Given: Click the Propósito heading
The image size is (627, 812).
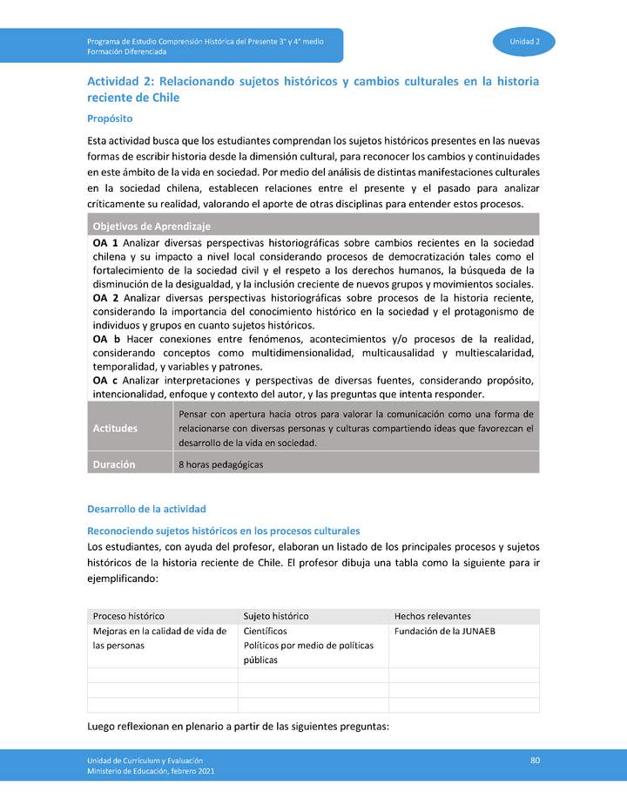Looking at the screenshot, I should pos(110,118).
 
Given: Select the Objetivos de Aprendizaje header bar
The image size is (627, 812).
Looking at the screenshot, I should pos(152,227).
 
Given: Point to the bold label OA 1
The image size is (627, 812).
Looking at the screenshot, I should pos(106,243).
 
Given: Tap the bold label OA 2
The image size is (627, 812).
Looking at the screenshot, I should pos(106,298).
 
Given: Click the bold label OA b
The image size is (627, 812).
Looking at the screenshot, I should pos(106,338).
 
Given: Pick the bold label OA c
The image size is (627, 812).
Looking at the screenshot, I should pos(106,381).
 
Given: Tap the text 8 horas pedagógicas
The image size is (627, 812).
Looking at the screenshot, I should pos(220,465).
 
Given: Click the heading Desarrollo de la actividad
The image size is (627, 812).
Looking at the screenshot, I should pos(146,509).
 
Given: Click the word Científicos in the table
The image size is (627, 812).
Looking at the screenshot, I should pos(266,631).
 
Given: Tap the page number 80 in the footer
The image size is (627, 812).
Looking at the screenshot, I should pos(536,761).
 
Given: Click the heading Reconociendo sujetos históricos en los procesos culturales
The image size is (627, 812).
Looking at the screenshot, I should pos(223,531).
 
